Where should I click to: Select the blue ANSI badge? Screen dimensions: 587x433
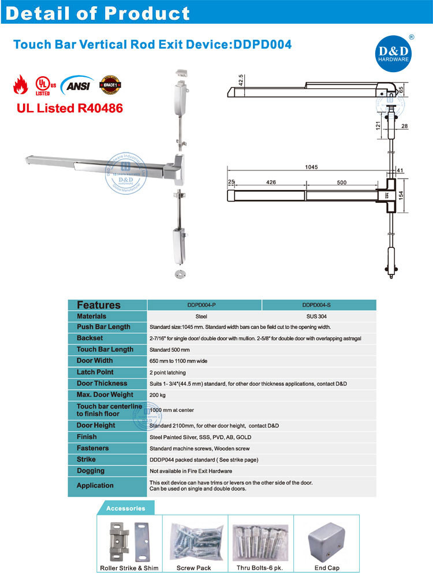76,84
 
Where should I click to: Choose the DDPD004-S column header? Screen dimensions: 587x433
319,304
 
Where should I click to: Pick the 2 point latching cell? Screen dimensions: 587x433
168,372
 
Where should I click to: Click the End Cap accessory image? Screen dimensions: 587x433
326,541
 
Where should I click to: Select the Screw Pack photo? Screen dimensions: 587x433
194,541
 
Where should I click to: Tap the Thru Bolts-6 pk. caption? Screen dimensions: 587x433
260,568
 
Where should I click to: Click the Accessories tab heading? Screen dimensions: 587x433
125,508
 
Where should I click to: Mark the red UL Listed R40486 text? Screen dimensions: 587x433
68,107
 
